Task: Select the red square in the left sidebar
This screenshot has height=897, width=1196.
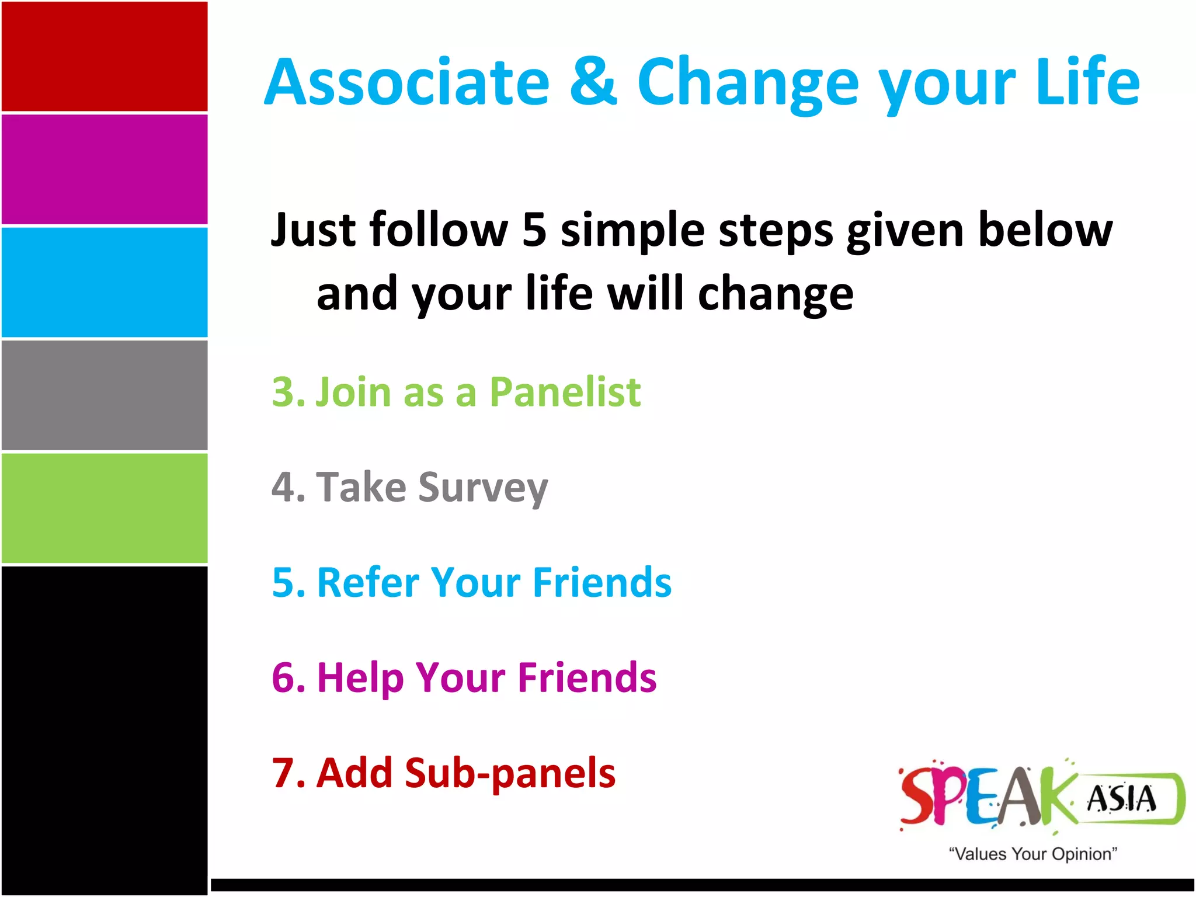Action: pos(105,56)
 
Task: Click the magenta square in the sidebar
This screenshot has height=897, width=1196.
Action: pos(105,169)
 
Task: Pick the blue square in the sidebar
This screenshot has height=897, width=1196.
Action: pos(105,282)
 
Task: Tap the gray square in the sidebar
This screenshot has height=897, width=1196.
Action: pos(105,395)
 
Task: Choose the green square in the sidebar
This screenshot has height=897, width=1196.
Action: pos(105,508)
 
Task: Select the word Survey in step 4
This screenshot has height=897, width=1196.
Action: pos(483,488)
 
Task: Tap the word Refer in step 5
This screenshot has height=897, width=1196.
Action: pos(368,582)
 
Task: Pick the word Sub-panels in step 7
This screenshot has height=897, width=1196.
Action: pos(510,773)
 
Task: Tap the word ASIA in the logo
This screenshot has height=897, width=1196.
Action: pos(1121,799)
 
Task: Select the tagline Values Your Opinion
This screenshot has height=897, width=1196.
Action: pos(1032,854)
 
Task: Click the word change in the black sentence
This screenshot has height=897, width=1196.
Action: pos(776,294)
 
